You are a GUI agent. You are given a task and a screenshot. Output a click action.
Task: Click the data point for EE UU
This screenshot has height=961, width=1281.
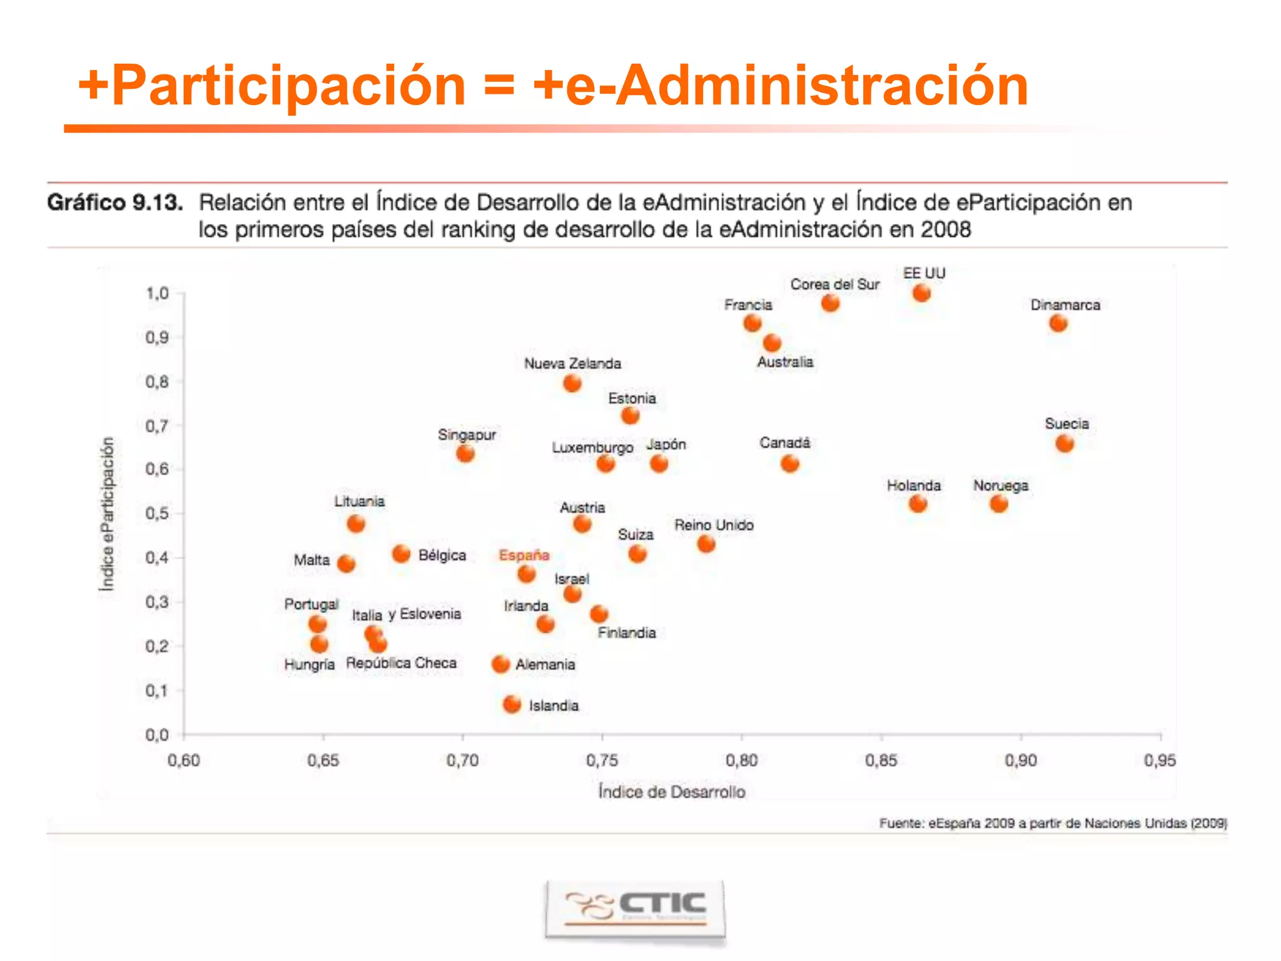point(921,293)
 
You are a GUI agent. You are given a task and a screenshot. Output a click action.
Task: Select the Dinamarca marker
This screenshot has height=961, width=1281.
point(1058,323)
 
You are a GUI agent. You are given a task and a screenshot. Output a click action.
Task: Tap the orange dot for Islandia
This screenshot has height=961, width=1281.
point(512,704)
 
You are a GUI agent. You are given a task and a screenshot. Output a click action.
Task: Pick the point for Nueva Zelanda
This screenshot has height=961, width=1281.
point(572,383)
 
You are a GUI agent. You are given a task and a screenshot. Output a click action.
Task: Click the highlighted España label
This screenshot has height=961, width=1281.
point(524,555)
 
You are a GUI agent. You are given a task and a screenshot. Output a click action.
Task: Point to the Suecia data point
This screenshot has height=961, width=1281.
point(1064,444)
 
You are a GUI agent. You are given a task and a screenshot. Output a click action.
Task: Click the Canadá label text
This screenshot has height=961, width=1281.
point(784,443)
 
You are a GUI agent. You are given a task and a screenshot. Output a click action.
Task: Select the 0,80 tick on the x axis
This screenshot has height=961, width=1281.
point(741,760)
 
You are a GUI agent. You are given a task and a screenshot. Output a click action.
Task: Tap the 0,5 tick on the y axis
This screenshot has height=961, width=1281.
point(157,514)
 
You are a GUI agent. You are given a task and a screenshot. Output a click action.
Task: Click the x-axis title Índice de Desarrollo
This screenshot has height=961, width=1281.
point(671,791)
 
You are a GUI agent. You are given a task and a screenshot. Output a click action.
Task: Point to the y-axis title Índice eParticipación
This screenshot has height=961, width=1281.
point(108,513)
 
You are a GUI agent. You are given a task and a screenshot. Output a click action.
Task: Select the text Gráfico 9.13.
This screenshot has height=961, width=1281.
point(115,203)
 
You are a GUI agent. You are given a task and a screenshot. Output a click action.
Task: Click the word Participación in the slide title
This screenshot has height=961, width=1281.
point(288,86)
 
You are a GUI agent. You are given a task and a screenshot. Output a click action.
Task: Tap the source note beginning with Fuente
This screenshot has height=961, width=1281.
point(1052,823)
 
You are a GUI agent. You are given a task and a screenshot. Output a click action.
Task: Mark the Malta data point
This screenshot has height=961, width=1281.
point(346,564)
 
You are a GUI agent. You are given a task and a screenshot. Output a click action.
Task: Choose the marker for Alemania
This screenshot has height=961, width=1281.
point(500,664)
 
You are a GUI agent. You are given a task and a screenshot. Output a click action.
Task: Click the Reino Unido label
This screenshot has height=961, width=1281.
point(713,525)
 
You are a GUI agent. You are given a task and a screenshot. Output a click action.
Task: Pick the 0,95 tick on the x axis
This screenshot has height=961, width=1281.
point(1160,760)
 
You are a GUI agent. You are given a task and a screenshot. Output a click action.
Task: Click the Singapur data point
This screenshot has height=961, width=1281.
point(465,454)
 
